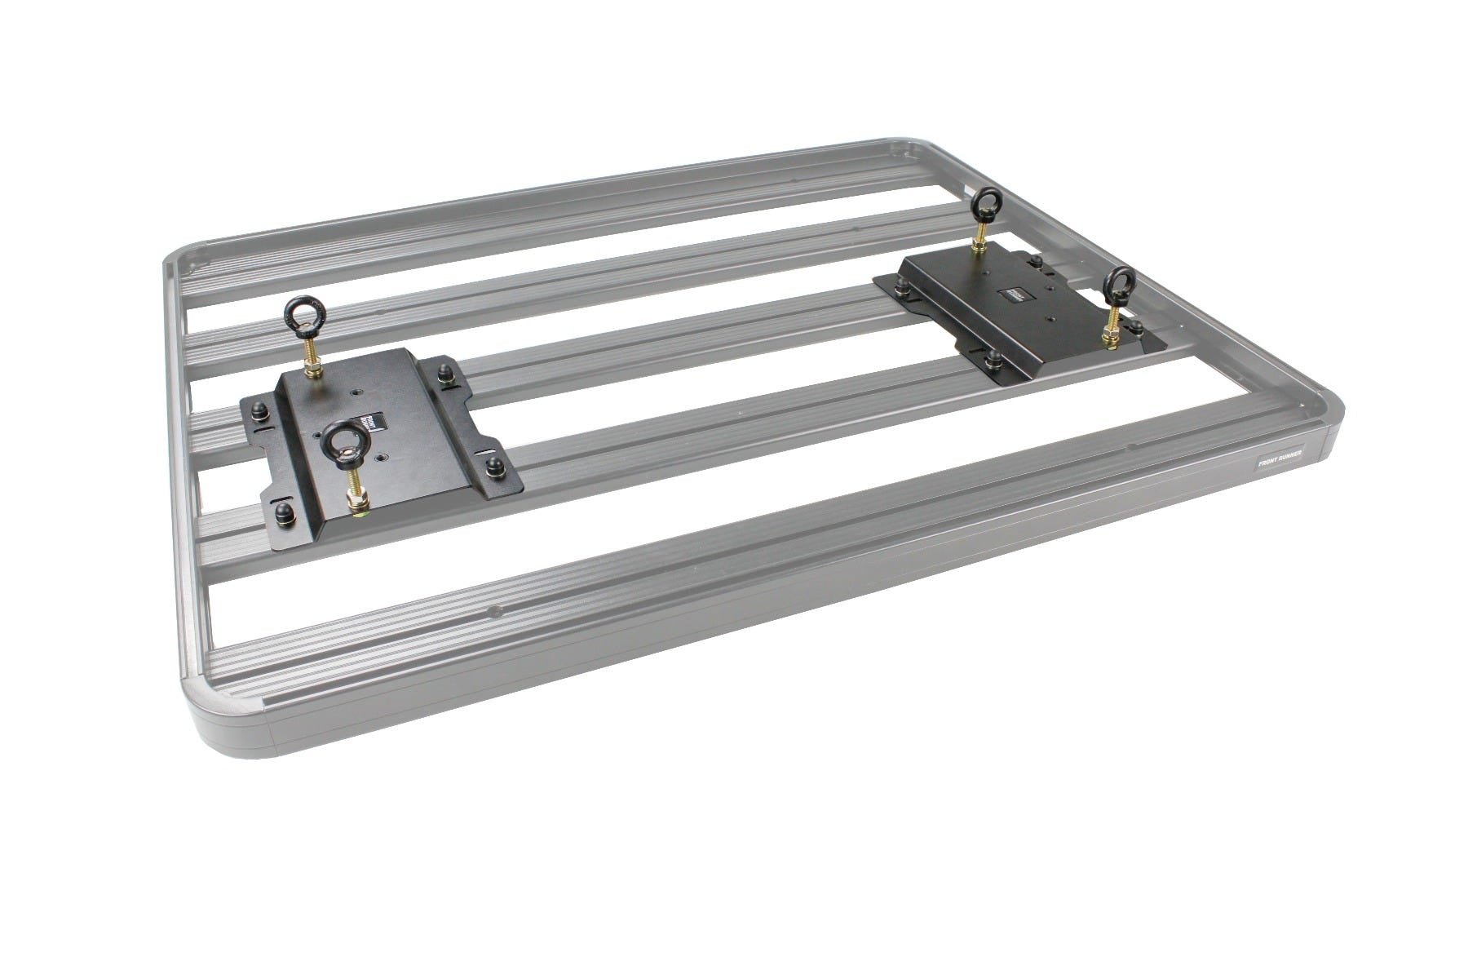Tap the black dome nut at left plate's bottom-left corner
(x=287, y=513)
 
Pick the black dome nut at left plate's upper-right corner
(x=445, y=372)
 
